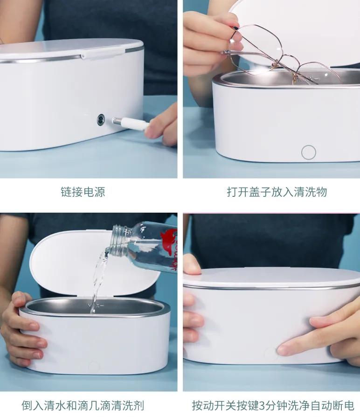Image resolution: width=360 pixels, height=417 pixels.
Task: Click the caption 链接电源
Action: (83, 192)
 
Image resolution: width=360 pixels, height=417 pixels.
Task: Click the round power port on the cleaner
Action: (101, 120)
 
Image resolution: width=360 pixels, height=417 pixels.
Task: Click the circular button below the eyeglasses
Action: (308, 152)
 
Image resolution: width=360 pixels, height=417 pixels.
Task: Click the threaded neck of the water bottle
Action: (120, 238)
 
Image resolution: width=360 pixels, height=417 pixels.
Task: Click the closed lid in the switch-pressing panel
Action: (270, 278)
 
